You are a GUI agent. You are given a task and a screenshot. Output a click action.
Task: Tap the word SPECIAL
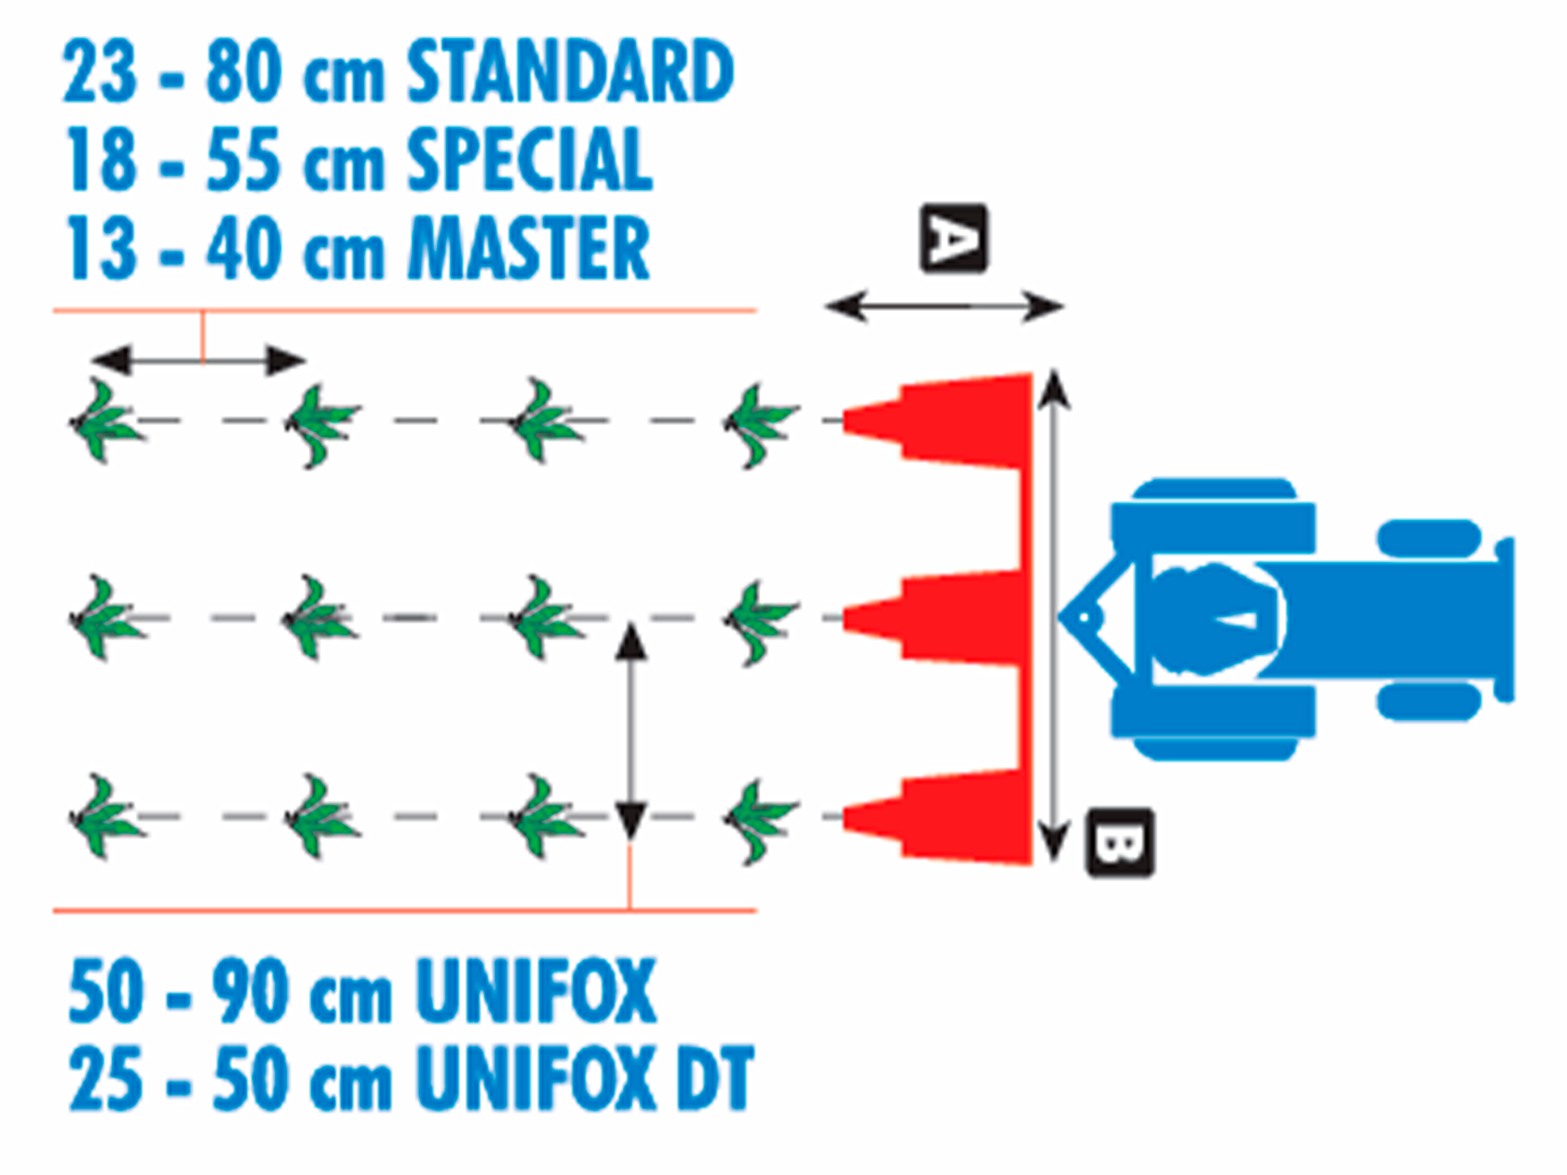[530, 160]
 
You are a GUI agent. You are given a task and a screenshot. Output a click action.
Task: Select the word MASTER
[530, 248]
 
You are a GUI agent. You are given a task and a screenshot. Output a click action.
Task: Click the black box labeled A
[953, 239]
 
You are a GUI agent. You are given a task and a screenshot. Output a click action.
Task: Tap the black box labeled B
[1119, 842]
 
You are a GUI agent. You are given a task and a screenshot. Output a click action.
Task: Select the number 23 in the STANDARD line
[99, 72]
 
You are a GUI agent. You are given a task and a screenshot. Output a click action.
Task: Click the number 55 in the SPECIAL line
[242, 161]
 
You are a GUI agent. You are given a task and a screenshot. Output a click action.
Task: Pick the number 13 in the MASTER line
[101, 249]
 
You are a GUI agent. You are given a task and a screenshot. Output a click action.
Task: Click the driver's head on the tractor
[1215, 619]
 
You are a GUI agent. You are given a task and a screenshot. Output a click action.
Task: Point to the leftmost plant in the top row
[104, 420]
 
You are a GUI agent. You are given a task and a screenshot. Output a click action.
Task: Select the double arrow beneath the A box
[944, 306]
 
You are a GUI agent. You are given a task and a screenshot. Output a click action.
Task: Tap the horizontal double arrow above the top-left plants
[199, 360]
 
